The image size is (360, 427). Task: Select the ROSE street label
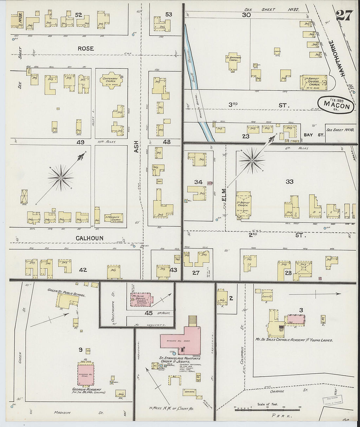pos(86,48)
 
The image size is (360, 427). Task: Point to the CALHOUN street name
pos(90,238)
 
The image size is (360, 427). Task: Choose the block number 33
pos(289,182)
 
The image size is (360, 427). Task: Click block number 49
pos(80,142)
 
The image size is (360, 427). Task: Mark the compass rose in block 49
pos(60,178)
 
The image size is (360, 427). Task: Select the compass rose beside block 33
pos(252,161)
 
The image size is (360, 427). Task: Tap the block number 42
pos(83,270)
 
